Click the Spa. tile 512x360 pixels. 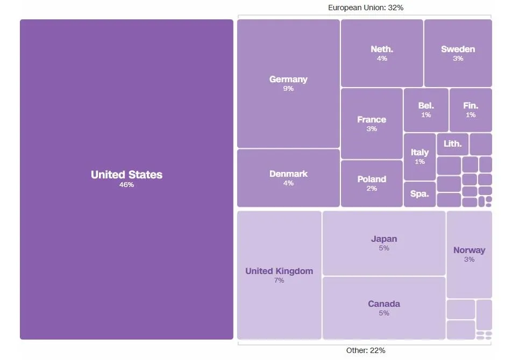point(419,194)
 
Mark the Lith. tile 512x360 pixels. point(452,144)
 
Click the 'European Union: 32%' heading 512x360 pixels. point(365,8)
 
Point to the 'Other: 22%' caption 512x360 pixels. point(365,350)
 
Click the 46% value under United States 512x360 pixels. point(126,185)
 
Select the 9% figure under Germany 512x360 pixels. point(288,89)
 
